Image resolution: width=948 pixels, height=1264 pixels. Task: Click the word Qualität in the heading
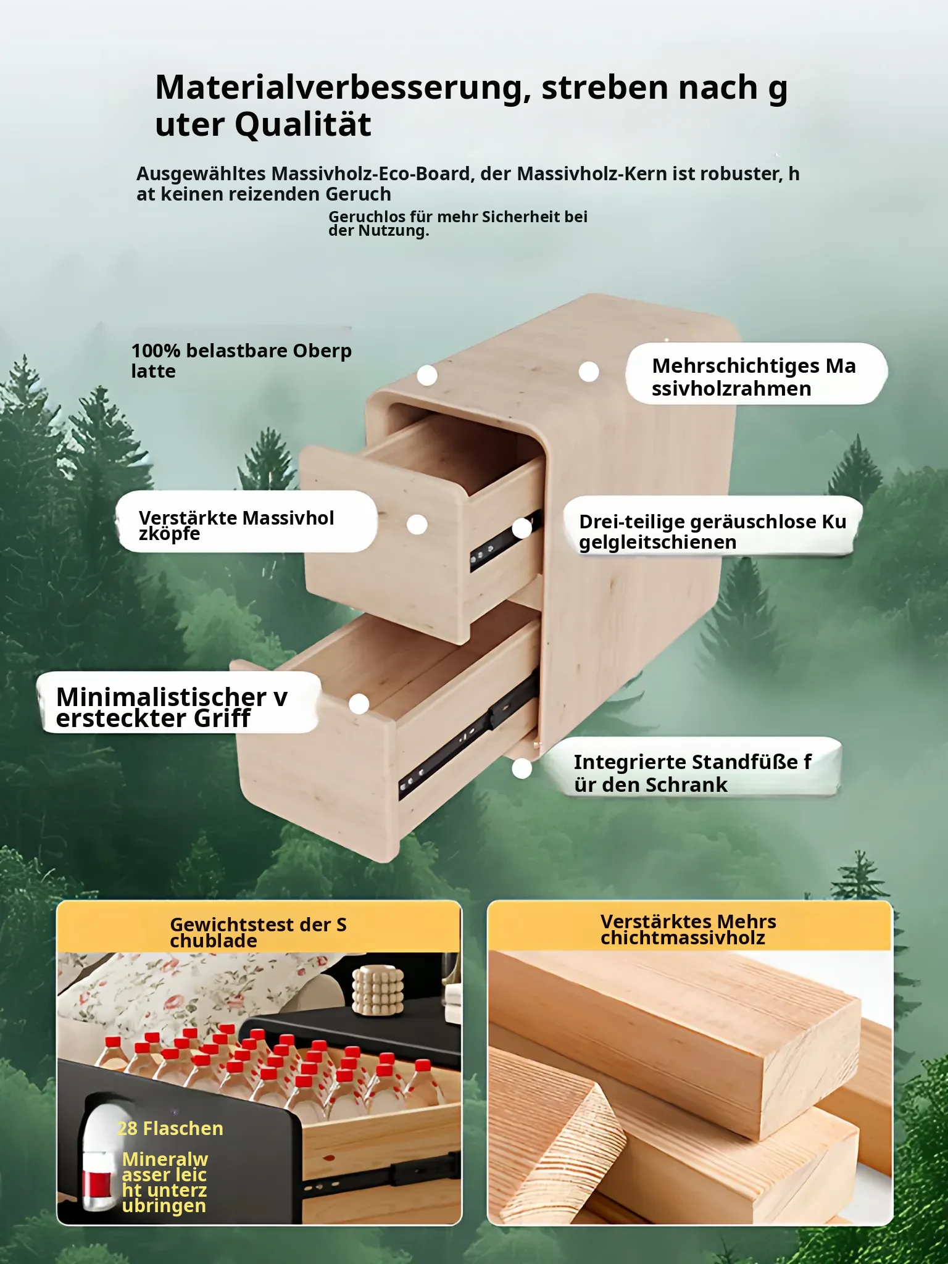click(x=303, y=125)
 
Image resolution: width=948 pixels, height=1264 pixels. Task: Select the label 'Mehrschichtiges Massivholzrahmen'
click(x=754, y=376)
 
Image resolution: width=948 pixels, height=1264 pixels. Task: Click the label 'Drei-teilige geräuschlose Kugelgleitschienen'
click(x=713, y=531)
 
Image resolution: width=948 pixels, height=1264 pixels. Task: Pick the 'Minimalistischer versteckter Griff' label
click(x=172, y=707)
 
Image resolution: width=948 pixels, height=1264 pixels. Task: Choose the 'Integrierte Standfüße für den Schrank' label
click(x=692, y=773)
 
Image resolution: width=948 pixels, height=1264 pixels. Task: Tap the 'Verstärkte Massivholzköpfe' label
click(x=236, y=525)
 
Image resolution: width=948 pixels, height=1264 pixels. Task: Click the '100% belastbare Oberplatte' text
click(x=241, y=360)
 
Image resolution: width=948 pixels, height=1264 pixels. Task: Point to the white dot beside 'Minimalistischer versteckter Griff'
click(x=359, y=704)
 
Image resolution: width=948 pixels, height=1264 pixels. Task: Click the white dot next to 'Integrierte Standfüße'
click(x=522, y=768)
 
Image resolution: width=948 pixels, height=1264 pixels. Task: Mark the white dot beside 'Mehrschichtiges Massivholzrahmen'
click(x=589, y=372)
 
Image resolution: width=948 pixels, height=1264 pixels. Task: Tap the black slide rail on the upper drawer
click(x=505, y=542)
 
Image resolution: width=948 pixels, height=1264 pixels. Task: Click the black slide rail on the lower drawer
click(x=467, y=734)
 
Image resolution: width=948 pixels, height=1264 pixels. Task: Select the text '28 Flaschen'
click(x=170, y=1129)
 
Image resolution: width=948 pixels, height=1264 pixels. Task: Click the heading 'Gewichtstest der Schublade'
click(x=258, y=933)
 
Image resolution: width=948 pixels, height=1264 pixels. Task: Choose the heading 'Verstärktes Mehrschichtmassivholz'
click(x=688, y=929)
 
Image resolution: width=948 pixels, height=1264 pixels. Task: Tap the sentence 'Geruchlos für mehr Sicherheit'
click(x=458, y=223)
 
